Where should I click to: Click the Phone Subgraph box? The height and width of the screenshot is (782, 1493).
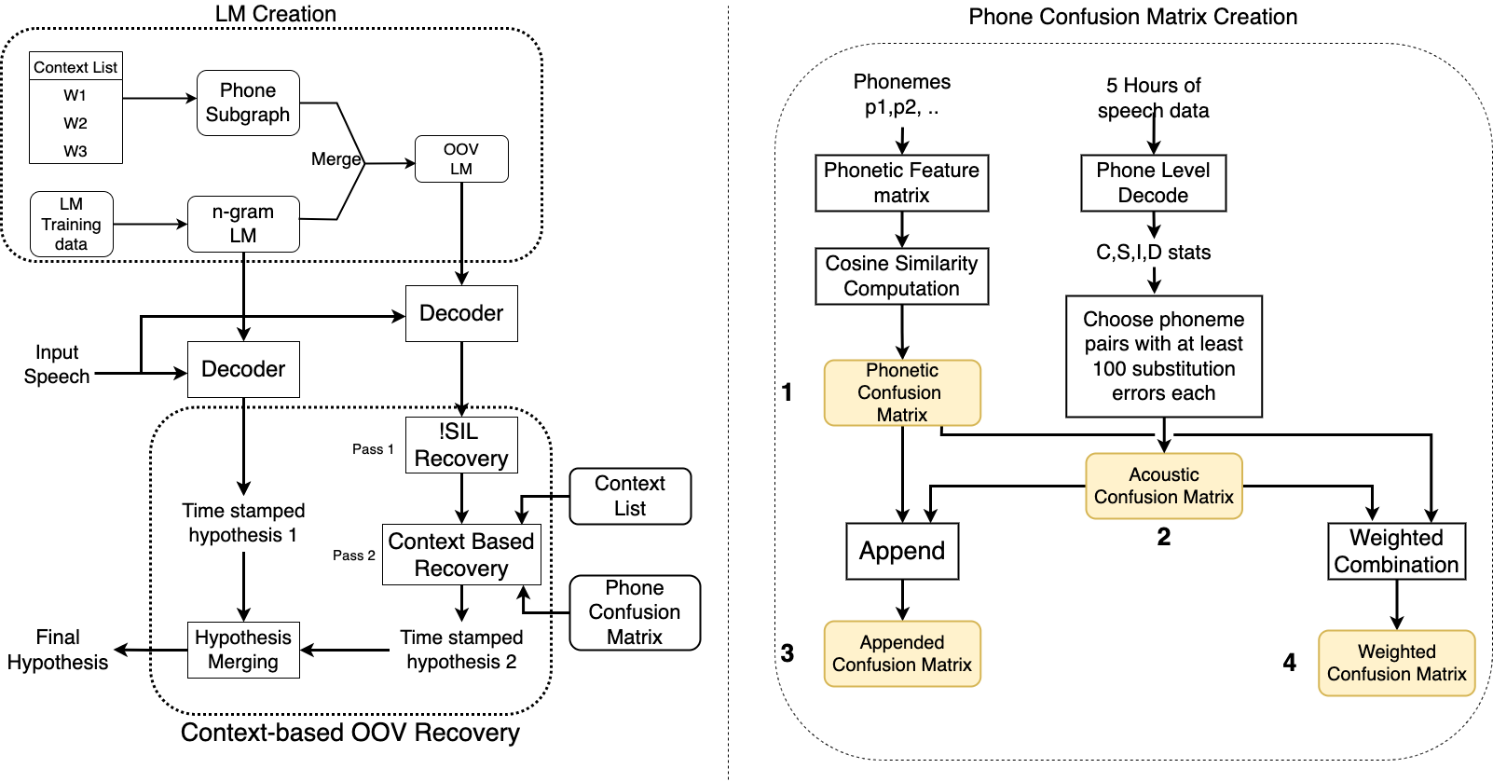coord(248,103)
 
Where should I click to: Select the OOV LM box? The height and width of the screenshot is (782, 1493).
coord(461,158)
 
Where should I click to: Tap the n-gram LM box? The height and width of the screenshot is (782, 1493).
coord(243,224)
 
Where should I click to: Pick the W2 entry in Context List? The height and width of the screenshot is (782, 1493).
coord(75,123)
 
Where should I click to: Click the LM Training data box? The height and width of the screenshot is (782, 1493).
coord(72,224)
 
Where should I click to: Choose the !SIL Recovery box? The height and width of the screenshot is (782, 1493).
coord(461,445)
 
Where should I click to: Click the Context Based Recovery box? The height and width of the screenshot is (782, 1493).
coord(461,555)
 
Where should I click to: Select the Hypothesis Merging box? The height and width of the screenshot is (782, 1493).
coord(243,650)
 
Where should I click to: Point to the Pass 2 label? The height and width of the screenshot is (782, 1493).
coord(354,556)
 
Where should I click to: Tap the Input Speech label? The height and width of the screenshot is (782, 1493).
coord(57,364)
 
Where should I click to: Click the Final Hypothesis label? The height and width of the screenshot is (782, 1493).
coord(58,650)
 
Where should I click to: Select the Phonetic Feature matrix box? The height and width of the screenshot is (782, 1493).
coord(901,183)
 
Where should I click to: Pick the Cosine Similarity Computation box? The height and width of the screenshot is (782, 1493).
coord(901,276)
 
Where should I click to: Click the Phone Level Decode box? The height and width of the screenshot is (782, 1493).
coord(1153,183)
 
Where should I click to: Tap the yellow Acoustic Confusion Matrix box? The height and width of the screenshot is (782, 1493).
coord(1164,486)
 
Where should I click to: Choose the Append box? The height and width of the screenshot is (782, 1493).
coord(902,551)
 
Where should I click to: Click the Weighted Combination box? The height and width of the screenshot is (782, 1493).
coord(1396,551)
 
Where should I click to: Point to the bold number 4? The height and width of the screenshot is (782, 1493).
coord(1290,663)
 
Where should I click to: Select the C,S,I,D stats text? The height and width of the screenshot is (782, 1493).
coord(1153,253)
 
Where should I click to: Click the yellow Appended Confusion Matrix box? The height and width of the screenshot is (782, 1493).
coord(902,653)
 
